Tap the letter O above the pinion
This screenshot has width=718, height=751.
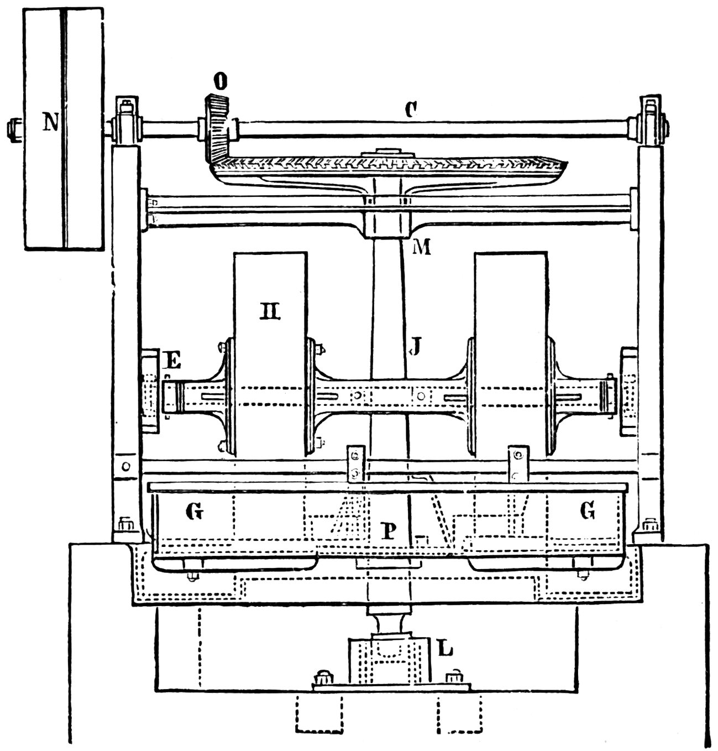(x=220, y=83)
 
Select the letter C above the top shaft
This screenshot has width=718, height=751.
(x=410, y=110)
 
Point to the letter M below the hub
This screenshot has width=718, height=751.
(x=421, y=247)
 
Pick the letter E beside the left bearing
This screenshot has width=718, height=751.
(x=172, y=362)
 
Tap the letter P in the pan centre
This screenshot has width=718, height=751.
(x=389, y=531)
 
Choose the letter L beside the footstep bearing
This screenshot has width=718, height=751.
(x=445, y=648)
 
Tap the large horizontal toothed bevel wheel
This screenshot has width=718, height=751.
(x=387, y=166)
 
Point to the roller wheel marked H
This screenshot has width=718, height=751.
(x=270, y=354)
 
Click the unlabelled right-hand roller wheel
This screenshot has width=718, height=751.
(x=511, y=354)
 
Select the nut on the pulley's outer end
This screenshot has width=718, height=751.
(x=12, y=129)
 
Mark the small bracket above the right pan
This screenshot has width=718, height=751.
(x=518, y=463)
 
